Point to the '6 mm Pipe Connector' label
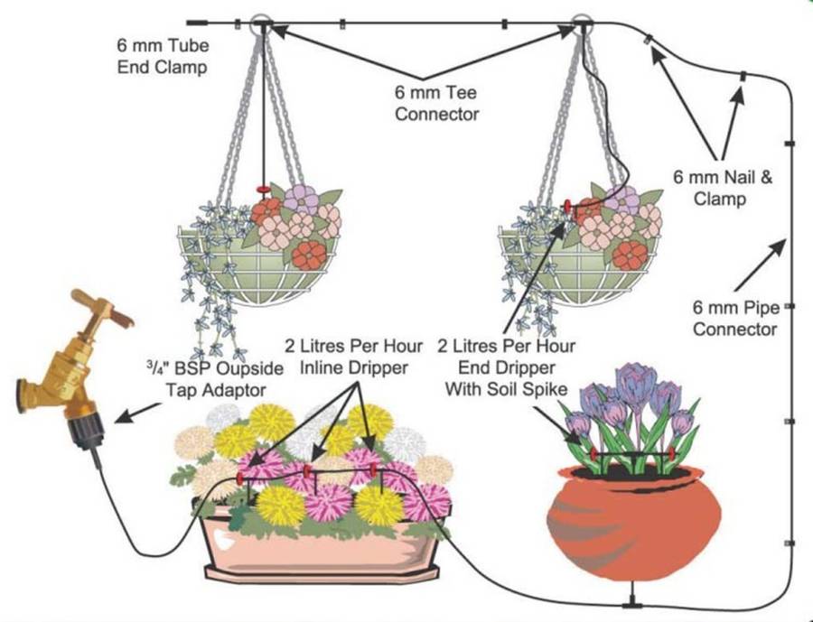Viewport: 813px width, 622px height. tap(734, 318)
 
